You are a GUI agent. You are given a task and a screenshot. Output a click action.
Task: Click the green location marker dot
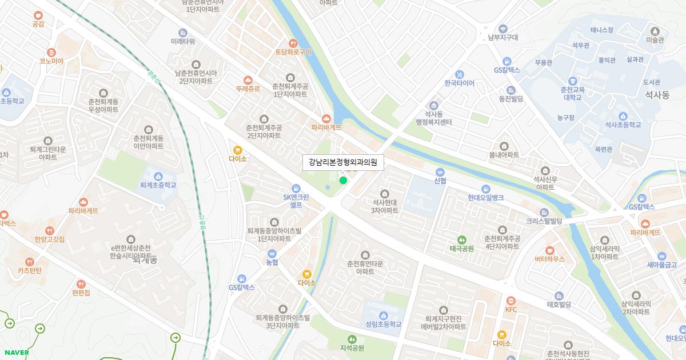tap(343, 181)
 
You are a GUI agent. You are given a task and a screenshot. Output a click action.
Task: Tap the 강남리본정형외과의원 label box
tap(343, 162)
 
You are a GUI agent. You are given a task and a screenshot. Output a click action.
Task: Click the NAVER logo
tap(17, 352)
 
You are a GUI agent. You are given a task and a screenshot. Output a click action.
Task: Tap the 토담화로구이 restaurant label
tap(293, 51)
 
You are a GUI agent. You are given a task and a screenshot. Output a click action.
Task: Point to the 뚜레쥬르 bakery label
tap(248, 89)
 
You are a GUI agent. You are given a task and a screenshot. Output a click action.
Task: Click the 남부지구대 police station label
tap(503, 37)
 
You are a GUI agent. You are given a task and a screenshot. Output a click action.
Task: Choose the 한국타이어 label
tap(459, 83)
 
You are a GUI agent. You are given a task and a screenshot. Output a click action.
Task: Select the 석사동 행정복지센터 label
tap(434, 118)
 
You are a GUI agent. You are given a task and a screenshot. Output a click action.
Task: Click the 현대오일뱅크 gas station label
tap(485, 197)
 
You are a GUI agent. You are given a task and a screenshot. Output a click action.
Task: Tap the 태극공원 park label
tap(461, 248)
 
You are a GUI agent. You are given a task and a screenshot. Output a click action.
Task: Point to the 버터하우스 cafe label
tap(549, 258)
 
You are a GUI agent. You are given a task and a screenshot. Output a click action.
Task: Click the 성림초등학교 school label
tap(383, 324)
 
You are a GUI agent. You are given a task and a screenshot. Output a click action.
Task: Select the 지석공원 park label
tap(352, 347)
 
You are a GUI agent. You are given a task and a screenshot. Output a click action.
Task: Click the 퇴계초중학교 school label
tap(158, 185)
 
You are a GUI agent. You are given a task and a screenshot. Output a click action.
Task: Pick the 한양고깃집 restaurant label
tap(50, 239)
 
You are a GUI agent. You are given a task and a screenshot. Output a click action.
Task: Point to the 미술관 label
tap(655, 40)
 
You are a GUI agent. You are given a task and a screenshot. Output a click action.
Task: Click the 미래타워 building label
tap(183, 41)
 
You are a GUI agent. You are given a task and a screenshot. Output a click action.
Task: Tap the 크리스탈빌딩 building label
tap(544, 221)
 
